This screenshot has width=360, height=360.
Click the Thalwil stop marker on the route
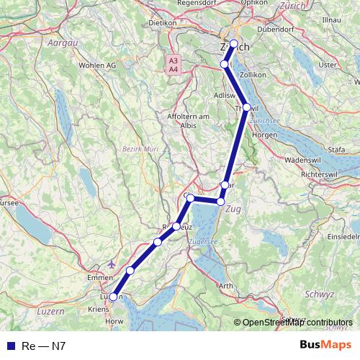[246, 107]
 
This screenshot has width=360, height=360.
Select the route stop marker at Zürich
[234, 44]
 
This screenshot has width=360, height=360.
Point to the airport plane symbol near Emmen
[111, 264]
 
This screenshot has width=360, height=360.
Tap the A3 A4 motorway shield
[174, 65]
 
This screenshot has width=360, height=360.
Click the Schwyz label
[320, 294]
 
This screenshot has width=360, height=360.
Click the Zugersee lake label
[202, 243]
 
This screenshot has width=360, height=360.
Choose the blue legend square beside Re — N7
[9, 346]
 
